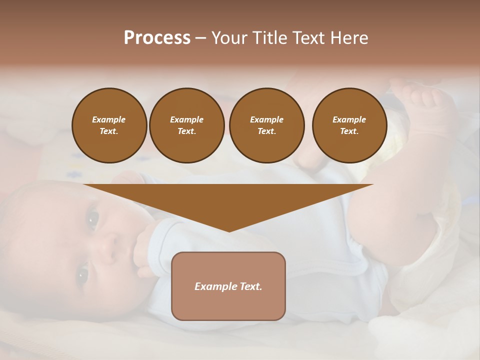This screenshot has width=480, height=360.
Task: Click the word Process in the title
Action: tap(157, 38)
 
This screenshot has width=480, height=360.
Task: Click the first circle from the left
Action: tap(109, 125)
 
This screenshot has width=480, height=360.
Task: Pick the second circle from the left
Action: tap(187, 125)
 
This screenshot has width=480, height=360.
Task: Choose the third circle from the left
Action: tap(266, 125)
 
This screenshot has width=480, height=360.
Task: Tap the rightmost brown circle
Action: tap(349, 125)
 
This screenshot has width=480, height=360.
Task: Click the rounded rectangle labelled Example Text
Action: tap(228, 286)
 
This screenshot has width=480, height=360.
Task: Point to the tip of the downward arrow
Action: tap(229, 231)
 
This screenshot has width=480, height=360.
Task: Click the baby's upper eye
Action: tap(93, 218)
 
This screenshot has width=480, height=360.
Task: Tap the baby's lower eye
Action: tap(82, 274)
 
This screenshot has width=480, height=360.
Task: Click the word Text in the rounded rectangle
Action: tap(250, 286)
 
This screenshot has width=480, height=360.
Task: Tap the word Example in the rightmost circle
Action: tap(349, 119)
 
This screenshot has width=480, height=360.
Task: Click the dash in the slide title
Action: tap(200, 38)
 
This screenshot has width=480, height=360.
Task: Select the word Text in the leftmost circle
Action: tap(109, 131)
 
